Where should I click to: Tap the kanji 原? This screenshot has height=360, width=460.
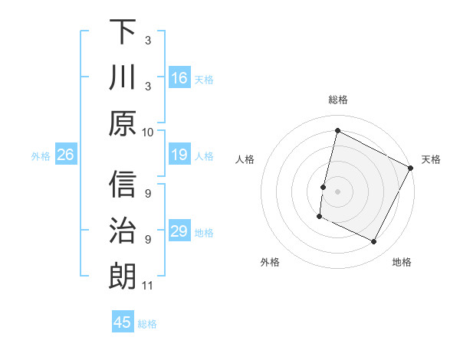pyautogui.click(x=123, y=122)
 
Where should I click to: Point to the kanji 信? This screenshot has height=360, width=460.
pyautogui.click(x=123, y=185)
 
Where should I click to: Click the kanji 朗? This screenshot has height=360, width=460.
pyautogui.click(x=123, y=276)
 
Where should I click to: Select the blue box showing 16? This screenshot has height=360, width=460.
pyautogui.click(x=179, y=78)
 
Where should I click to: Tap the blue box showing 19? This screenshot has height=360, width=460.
pyautogui.click(x=179, y=155)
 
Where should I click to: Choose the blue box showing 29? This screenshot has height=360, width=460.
pyautogui.click(x=179, y=232)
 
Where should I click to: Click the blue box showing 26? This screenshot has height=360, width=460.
pyautogui.click(x=65, y=155)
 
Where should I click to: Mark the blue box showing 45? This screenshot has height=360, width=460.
pyautogui.click(x=123, y=322)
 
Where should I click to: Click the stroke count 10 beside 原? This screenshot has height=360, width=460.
pyautogui.click(x=148, y=132)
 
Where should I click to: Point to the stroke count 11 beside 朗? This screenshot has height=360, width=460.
pyautogui.click(x=148, y=286)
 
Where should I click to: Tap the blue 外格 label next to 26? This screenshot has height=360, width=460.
pyautogui.click(x=41, y=156)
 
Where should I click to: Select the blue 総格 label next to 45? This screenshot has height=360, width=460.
pyautogui.click(x=147, y=324)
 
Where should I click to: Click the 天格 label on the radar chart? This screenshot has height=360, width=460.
pyautogui.click(x=431, y=159)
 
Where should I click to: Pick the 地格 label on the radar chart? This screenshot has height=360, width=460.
pyautogui.click(x=402, y=262)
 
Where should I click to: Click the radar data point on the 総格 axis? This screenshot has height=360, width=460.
pyautogui.click(x=337, y=130)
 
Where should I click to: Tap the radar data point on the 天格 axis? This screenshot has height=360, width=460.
pyautogui.click(x=411, y=168)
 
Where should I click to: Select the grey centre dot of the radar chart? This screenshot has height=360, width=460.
pyautogui.click(x=337, y=191)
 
